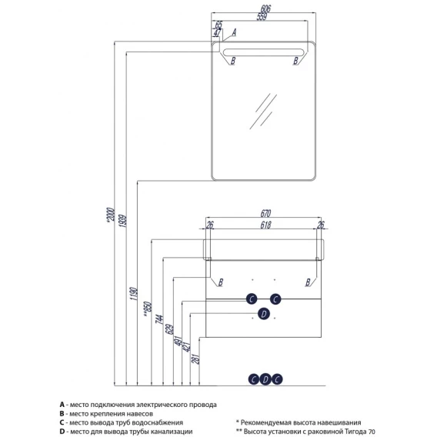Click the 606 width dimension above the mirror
(x=265, y=8)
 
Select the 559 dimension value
(x=262, y=17)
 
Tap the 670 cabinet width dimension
(x=265, y=213)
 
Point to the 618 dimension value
(x=265, y=225)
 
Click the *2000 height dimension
(x=111, y=215)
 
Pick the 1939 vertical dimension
(x=122, y=221)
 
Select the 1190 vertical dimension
(x=134, y=294)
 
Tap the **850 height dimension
(x=148, y=309)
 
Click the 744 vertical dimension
(x=158, y=319)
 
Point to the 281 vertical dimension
(x=196, y=359)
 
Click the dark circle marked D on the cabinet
(x=264, y=314)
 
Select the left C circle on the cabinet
(x=252, y=299)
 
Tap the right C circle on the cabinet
(x=275, y=299)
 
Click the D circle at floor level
(x=265, y=379)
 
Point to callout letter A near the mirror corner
(x=234, y=32)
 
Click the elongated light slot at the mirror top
(x=263, y=52)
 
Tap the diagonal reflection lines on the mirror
(x=263, y=112)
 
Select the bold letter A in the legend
(x=62, y=405)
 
